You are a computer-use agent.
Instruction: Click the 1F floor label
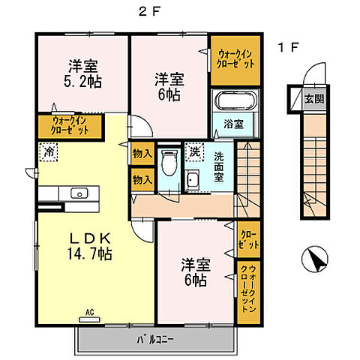(289, 48)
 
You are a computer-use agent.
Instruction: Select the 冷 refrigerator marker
(46, 151)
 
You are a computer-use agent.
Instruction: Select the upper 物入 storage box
(139, 154)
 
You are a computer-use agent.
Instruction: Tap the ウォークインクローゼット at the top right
(235, 58)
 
